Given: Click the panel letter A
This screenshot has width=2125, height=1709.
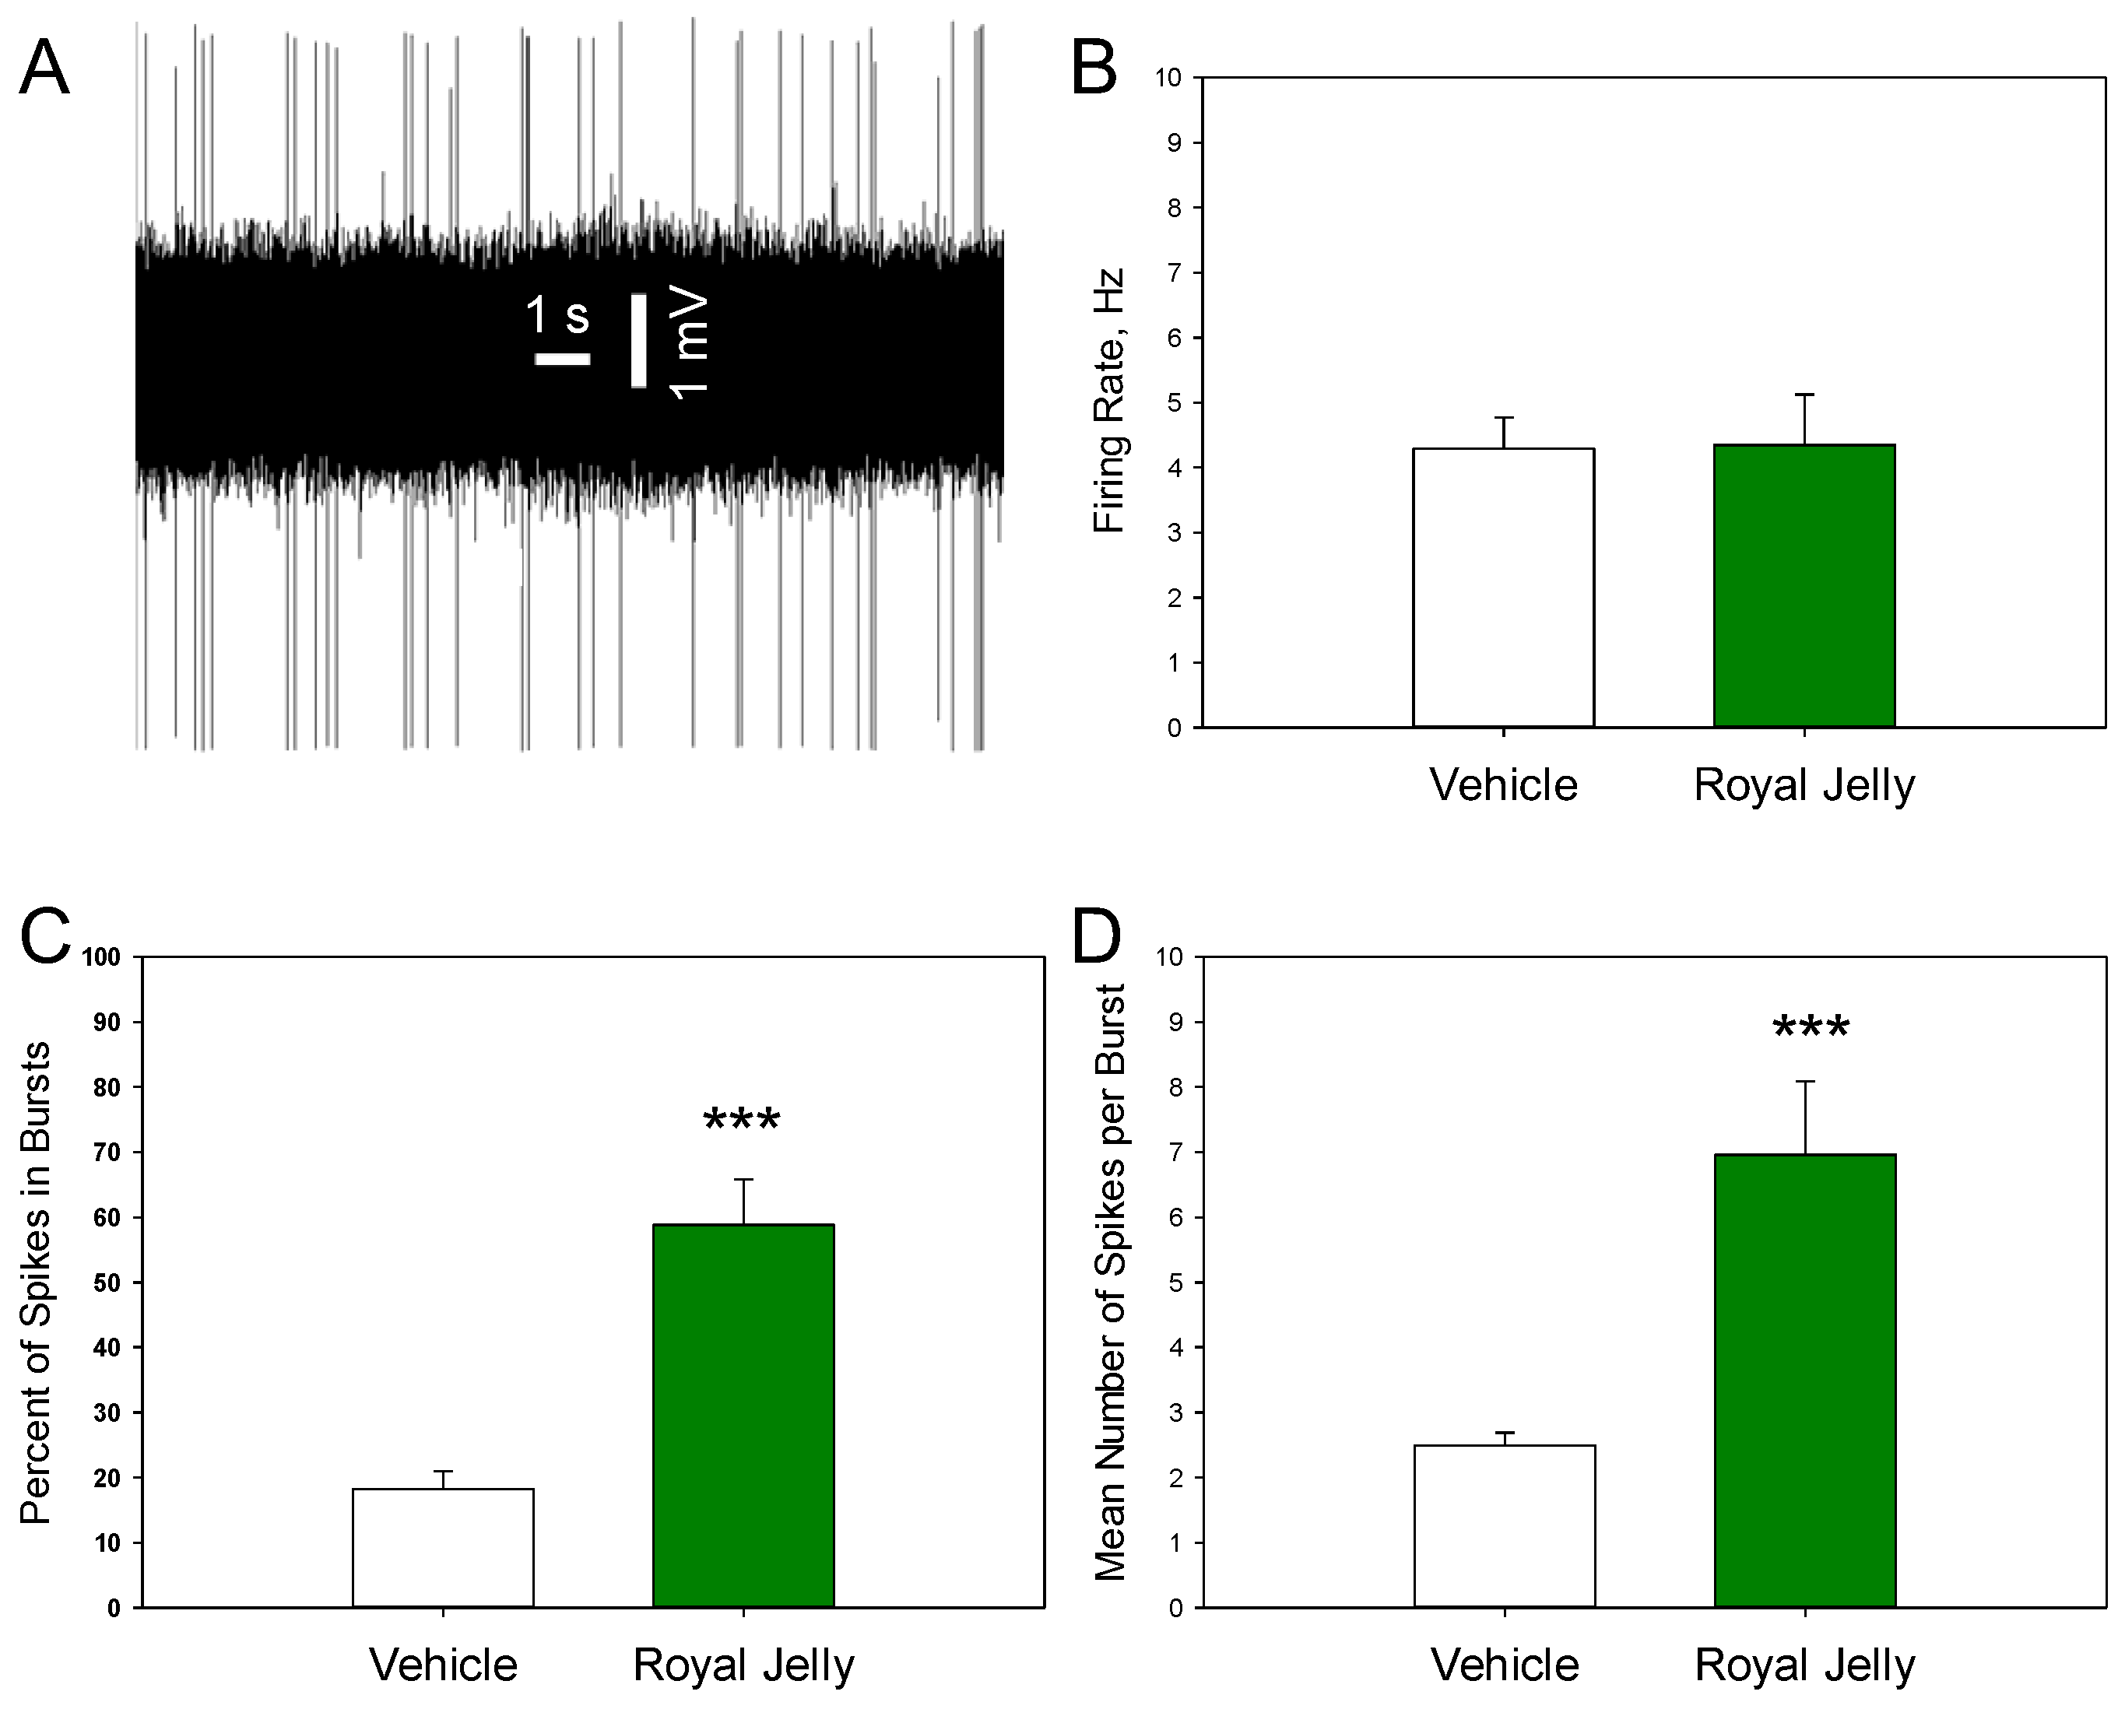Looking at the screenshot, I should [44, 68].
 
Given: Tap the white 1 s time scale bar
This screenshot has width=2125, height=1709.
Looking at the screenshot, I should [562, 360].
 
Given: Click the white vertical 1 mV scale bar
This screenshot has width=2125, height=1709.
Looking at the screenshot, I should [639, 340].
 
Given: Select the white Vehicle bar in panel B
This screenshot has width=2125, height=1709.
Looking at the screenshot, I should [1503, 588].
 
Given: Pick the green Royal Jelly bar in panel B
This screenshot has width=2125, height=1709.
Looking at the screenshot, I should [1804, 587].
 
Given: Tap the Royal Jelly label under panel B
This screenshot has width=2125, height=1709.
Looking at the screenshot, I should [1804, 785].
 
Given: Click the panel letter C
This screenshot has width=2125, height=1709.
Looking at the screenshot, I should [45, 936].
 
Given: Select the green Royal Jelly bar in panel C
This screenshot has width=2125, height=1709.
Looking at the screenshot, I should [743, 1416].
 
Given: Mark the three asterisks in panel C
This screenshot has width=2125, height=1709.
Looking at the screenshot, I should [742, 1121].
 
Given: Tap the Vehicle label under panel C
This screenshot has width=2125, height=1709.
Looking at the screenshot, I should [443, 1665].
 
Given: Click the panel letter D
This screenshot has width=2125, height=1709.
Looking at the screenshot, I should [1096, 936].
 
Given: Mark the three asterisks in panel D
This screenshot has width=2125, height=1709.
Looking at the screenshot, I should [1811, 1029].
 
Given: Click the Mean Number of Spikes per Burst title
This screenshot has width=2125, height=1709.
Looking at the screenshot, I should [1111, 1281].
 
